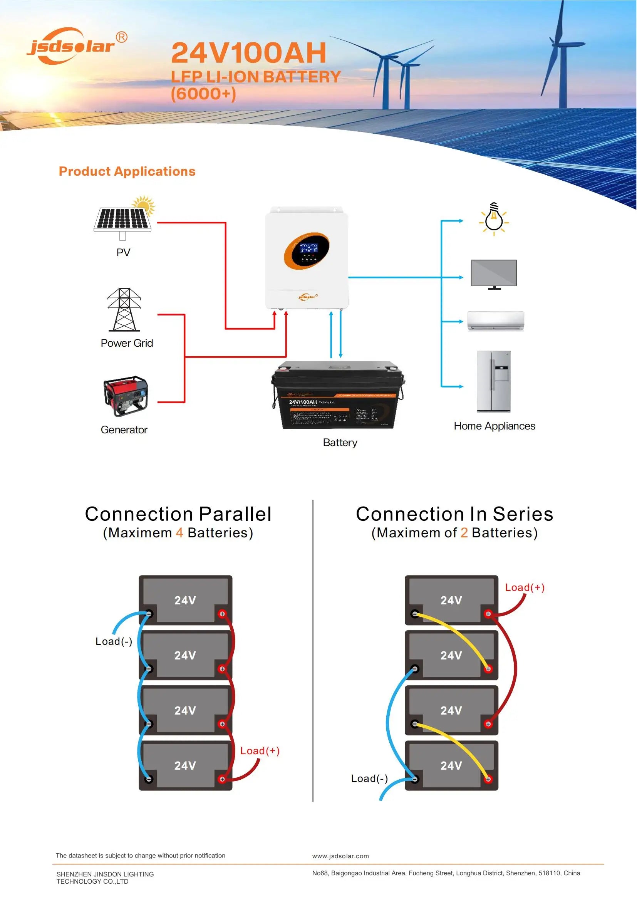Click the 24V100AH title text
(x=249, y=53)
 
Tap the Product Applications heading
(x=127, y=171)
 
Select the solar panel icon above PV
(x=123, y=218)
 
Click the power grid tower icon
(x=124, y=310)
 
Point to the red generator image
(x=126, y=396)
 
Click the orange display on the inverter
(x=306, y=250)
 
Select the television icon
(x=494, y=273)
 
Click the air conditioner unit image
(x=495, y=321)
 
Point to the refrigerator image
(x=493, y=381)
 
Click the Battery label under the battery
(x=340, y=443)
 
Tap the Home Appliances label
(x=494, y=426)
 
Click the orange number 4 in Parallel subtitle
(x=179, y=533)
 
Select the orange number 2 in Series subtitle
(x=464, y=533)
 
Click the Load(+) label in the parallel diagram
(x=260, y=751)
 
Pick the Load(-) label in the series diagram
(x=369, y=779)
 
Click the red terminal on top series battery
(x=488, y=614)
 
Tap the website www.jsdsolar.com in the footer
(x=340, y=856)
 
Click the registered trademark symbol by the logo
(x=122, y=37)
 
